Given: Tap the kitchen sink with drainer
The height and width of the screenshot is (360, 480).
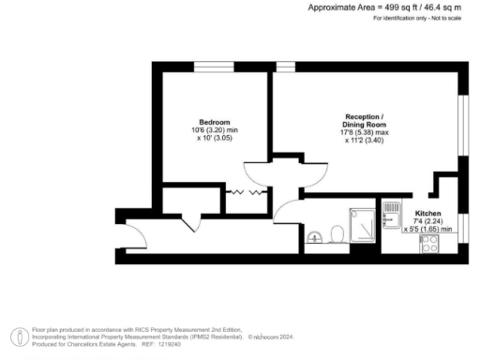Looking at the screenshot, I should [x=391, y=216].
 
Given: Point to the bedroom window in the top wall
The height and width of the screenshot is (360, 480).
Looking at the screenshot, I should [x=207, y=67].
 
